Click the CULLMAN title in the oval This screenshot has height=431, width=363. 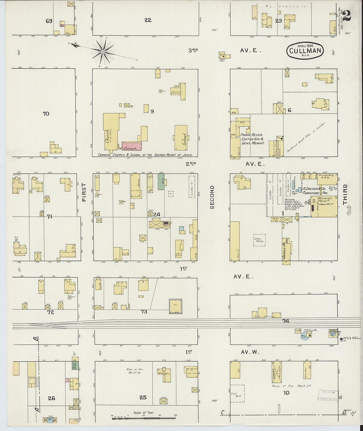click(x=305, y=51)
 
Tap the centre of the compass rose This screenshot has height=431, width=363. click(x=103, y=52)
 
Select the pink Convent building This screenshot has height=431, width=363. click(x=131, y=146)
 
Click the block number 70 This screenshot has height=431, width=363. click(x=46, y=114)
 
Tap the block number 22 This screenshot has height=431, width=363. click(x=148, y=20)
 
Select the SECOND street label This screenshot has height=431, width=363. click(x=212, y=197)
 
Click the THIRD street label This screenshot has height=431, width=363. click(x=345, y=195)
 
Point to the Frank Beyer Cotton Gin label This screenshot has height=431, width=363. click(x=252, y=139)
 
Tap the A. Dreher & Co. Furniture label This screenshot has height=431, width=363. click(x=311, y=191)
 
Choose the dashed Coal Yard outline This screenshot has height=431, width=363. click(x=237, y=393)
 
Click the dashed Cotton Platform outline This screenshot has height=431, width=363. click(x=259, y=240)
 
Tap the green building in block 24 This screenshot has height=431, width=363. click(x=161, y=182)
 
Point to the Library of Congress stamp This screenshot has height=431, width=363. click(x=328, y=396)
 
